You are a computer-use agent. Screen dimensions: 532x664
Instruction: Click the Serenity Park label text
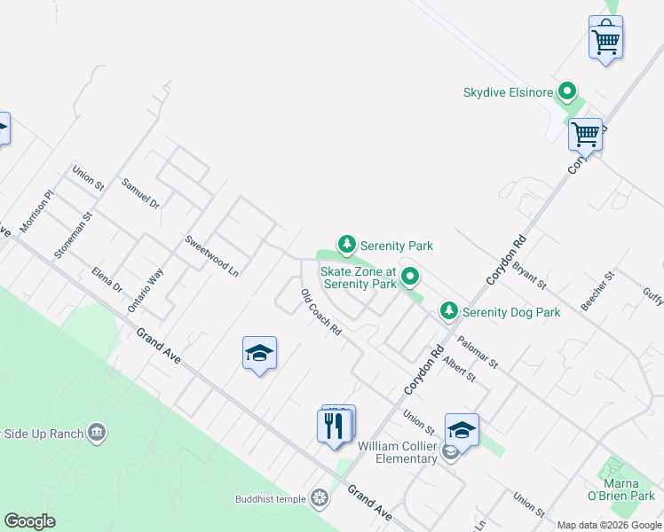[396, 245]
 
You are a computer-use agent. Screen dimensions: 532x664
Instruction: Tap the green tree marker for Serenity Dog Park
[450, 311]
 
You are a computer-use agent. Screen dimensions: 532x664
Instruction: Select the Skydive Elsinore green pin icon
[567, 92]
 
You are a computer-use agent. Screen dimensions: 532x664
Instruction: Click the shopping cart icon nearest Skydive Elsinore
[585, 136]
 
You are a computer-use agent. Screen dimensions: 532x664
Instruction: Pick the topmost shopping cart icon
[605, 40]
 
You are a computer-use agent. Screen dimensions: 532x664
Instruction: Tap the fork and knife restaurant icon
[335, 426]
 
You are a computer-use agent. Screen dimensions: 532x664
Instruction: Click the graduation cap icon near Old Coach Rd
[259, 354]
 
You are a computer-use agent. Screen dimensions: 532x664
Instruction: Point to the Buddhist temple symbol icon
[320, 499]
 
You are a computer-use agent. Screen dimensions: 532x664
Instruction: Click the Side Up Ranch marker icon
[98, 434]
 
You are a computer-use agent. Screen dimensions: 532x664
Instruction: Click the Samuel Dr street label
[140, 192]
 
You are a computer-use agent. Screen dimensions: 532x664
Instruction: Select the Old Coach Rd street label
[320, 312]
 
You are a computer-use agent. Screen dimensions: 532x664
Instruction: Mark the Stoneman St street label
[73, 235]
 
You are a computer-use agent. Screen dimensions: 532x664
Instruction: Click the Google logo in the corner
[29, 521]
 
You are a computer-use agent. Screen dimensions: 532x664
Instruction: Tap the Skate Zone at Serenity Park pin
[410, 278]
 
